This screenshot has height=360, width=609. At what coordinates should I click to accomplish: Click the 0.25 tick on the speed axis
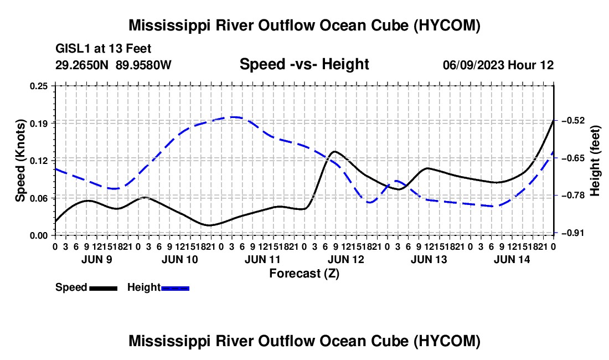point(39,86)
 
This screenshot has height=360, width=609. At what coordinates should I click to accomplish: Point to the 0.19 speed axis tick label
point(39,124)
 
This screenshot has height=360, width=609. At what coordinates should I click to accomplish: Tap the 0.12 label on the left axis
point(39,161)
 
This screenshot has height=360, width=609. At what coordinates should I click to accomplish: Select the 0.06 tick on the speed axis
point(39,198)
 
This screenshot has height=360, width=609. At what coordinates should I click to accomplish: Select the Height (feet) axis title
point(595,161)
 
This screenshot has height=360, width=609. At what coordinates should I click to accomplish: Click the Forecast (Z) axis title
point(304,274)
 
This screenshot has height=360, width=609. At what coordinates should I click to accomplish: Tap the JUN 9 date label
point(97,259)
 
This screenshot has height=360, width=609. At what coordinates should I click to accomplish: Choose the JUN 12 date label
point(345,259)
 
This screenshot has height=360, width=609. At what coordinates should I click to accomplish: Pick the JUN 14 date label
point(512,259)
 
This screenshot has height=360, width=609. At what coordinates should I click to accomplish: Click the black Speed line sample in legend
point(104,288)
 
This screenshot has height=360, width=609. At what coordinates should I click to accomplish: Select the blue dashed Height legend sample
point(175,288)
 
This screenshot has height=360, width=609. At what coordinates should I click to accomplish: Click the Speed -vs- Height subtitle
point(304,64)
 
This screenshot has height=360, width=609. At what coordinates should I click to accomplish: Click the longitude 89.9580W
point(143,65)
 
